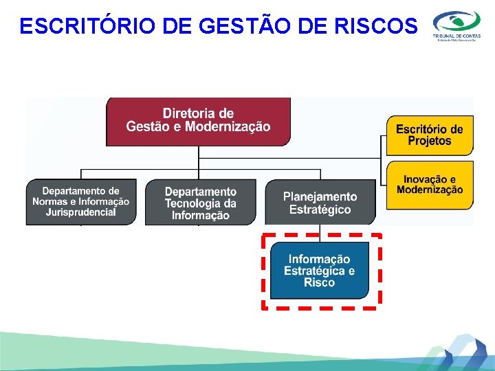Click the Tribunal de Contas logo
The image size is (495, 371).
click(x=456, y=25)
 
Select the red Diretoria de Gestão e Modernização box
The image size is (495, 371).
click(x=198, y=121)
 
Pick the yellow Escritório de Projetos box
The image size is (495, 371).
click(x=430, y=135)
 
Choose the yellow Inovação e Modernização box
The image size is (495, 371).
click(x=430, y=184)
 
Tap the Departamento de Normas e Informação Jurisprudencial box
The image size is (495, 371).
click(x=80, y=202)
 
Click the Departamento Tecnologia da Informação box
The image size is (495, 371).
click(x=200, y=203)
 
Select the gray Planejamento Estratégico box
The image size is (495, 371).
click(x=320, y=203)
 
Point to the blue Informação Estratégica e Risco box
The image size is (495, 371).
click(x=319, y=271)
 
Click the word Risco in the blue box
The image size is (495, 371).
click(x=319, y=282)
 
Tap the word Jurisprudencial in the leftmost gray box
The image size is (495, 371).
click(x=80, y=212)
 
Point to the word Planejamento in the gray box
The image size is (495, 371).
click(x=320, y=196)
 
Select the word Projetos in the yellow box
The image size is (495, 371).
click(x=430, y=141)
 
